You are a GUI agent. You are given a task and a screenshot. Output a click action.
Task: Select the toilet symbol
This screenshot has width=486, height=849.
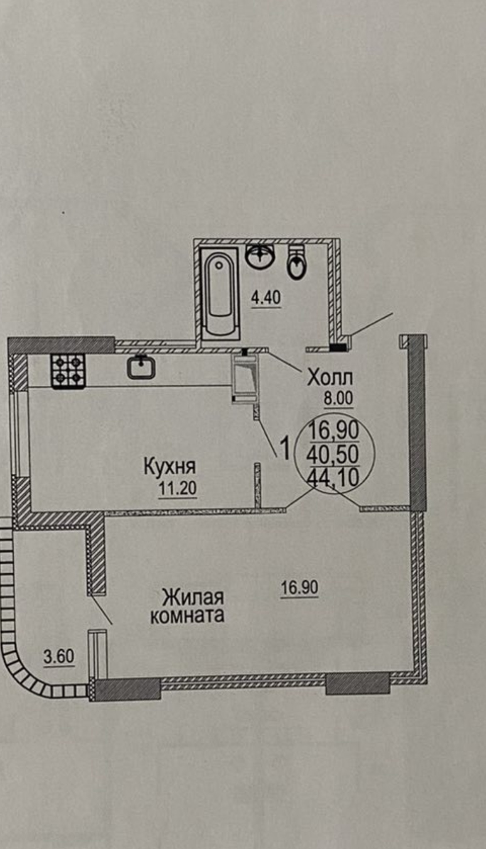pos(297,262)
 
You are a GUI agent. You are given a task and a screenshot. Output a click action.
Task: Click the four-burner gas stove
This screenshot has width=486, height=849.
pos(68,371)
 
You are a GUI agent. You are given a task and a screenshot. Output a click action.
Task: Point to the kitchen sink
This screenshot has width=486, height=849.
pos(141,367)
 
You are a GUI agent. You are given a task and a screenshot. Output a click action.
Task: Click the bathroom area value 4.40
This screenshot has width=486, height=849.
pos(266,298)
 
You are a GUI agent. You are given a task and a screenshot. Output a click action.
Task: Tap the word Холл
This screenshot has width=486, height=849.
pos(330,378)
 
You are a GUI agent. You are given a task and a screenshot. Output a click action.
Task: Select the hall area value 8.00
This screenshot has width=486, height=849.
pos(338,399)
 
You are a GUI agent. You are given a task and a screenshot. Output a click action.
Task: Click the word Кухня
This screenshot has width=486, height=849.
pos(169,467)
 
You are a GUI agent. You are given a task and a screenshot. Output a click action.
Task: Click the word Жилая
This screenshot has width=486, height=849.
pos(193,598)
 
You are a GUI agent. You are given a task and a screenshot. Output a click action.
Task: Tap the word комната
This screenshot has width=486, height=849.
pos(187,616)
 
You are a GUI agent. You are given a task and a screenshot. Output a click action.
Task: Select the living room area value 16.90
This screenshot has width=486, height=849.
pos(299,587)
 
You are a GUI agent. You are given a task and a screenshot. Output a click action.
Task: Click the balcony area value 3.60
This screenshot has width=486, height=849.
pos(59,657)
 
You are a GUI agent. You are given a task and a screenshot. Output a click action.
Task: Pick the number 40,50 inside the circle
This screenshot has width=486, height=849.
pos(333,455)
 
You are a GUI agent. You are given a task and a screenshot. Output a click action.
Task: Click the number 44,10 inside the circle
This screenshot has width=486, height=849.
pos(333,477)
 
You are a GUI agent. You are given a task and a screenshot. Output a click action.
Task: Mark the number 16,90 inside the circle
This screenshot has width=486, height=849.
pos(334,431)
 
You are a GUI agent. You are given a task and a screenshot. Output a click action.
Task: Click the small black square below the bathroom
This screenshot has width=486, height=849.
pos(338,347)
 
